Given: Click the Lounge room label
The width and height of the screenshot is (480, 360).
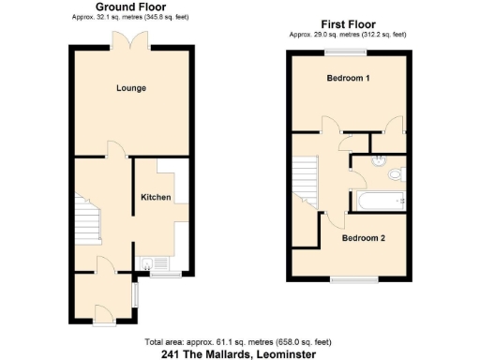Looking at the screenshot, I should (x=131, y=88).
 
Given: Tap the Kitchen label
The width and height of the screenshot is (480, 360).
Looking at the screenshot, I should (x=156, y=197).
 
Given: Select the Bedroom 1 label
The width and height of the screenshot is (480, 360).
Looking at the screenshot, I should (x=347, y=79).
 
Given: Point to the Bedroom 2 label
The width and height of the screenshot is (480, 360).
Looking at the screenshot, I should (x=363, y=238).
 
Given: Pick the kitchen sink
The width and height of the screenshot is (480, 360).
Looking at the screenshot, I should (x=148, y=263).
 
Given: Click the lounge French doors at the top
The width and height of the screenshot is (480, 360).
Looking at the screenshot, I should (x=126, y=41).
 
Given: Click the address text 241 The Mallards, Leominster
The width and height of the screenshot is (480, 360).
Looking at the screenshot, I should (x=239, y=353).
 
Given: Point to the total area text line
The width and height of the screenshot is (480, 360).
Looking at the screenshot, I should (x=238, y=341).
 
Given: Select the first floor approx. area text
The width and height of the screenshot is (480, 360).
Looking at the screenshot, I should (x=348, y=35).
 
